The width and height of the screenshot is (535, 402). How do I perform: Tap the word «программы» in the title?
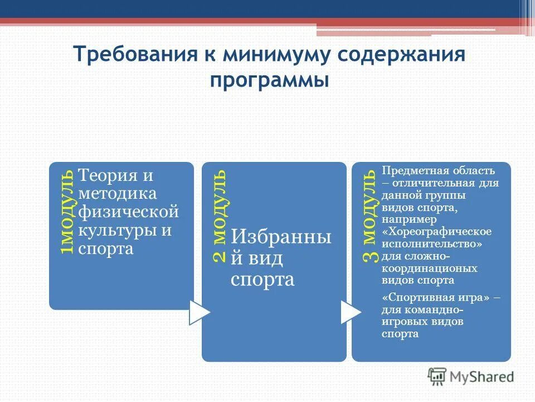(270, 80)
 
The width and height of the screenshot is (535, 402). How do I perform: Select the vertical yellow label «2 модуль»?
(220, 215)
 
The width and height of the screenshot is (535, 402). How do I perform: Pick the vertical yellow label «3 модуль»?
(370, 215)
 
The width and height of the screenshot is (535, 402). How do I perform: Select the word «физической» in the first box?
(128, 213)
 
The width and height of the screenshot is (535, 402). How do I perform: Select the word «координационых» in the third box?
(429, 268)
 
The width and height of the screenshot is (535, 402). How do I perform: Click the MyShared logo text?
(482, 377)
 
